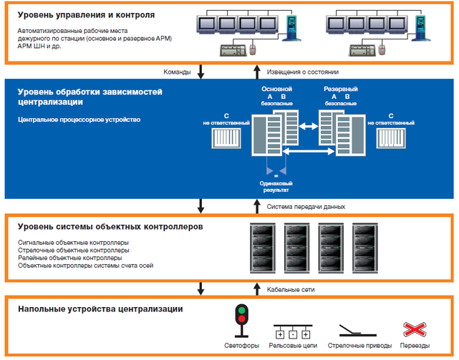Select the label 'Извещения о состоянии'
302,72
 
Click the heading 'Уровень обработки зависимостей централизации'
91,97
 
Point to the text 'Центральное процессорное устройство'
79,120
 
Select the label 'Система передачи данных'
306,206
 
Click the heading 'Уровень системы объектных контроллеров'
110,226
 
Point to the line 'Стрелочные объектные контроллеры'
74,250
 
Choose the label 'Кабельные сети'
291,289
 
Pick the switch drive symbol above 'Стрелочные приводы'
360,330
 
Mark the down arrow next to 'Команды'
201,72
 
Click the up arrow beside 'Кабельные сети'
257,288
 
